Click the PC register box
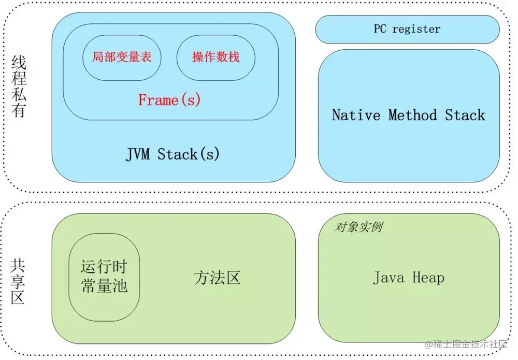pyautogui.click(x=407, y=29)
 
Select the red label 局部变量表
pyautogui.click(x=122, y=57)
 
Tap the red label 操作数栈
pyautogui.click(x=215, y=57)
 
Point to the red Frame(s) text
pyautogui.click(x=169, y=99)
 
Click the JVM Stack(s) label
pyautogui.click(x=172, y=154)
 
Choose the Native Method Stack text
pyautogui.click(x=408, y=114)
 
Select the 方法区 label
pyautogui.click(x=217, y=278)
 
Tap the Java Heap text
pyautogui.click(x=408, y=278)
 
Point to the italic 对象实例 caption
pyautogui.click(x=359, y=227)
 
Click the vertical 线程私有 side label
pyautogui.click(x=19, y=87)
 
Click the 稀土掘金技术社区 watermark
pyautogui.click(x=466, y=344)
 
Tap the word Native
pyautogui.click(x=356, y=114)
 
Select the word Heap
pyautogui.click(x=428, y=278)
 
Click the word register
pyautogui.click(x=416, y=29)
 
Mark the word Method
pyautogui.click(x=412, y=114)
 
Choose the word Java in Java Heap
pyautogui.click(x=388, y=278)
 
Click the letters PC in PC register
pyautogui.click(x=380, y=29)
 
